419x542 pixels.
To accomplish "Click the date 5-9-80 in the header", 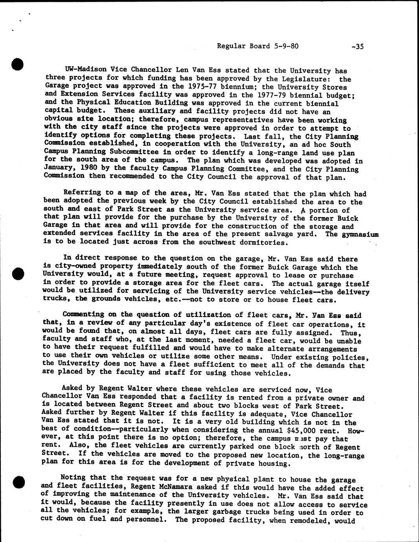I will click(x=284, y=46).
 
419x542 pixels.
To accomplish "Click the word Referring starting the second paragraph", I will click(x=80, y=193).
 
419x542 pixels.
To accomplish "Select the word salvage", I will click(x=289, y=234).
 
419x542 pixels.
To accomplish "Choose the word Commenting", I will click(x=83, y=315).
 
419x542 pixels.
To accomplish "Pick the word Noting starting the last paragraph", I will click(x=73, y=478).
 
